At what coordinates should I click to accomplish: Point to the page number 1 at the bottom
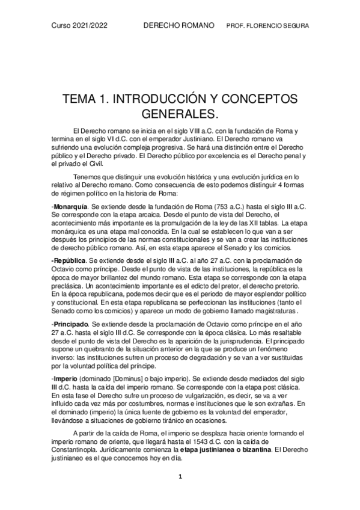(179, 476)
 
